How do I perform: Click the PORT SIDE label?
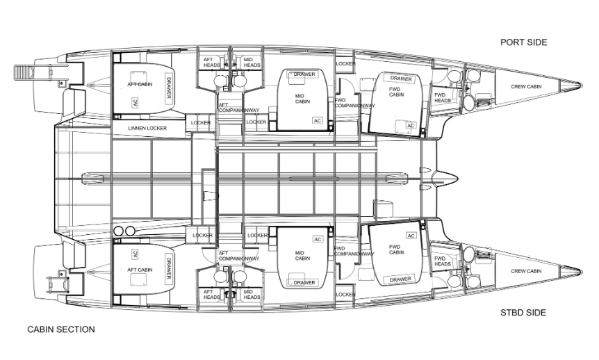(x=523, y=42)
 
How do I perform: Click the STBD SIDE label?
(x=523, y=313)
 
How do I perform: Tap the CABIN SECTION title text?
(x=61, y=329)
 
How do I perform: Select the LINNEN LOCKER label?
(x=147, y=129)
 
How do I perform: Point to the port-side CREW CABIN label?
(x=526, y=87)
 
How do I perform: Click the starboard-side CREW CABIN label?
(x=526, y=271)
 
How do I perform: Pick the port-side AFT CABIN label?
(x=140, y=83)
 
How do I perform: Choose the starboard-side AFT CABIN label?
(x=140, y=270)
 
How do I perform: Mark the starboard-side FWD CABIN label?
(x=396, y=249)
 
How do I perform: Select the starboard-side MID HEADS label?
(x=252, y=294)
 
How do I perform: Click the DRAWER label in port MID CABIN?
(x=304, y=74)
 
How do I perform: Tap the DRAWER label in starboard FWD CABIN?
(x=401, y=279)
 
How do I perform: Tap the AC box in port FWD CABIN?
(x=411, y=126)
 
